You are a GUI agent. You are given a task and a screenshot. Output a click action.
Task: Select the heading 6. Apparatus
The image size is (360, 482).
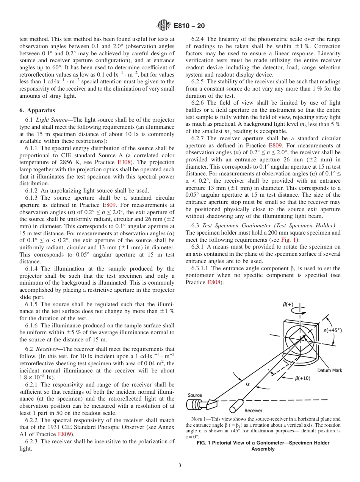pyautogui.click(x=37, y=110)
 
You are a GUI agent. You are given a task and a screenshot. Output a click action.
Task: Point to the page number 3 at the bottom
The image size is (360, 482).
pyautogui.click(x=180, y=465)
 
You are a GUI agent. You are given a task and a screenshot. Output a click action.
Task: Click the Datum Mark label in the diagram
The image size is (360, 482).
pyautogui.click(x=329, y=371)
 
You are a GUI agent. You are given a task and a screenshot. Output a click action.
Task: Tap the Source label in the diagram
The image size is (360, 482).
pyautogui.click(x=195, y=395)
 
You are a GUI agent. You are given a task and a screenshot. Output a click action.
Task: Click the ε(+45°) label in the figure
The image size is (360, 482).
pyautogui.click(x=332, y=330)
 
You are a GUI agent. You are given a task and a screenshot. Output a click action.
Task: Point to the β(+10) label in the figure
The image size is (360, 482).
pyautogui.click(x=302, y=378)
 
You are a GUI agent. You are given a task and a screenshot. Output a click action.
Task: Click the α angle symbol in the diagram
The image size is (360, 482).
pyautogui.click(x=248, y=384)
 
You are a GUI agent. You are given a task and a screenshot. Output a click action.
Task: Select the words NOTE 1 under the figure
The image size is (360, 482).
pyautogui.click(x=199, y=419)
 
